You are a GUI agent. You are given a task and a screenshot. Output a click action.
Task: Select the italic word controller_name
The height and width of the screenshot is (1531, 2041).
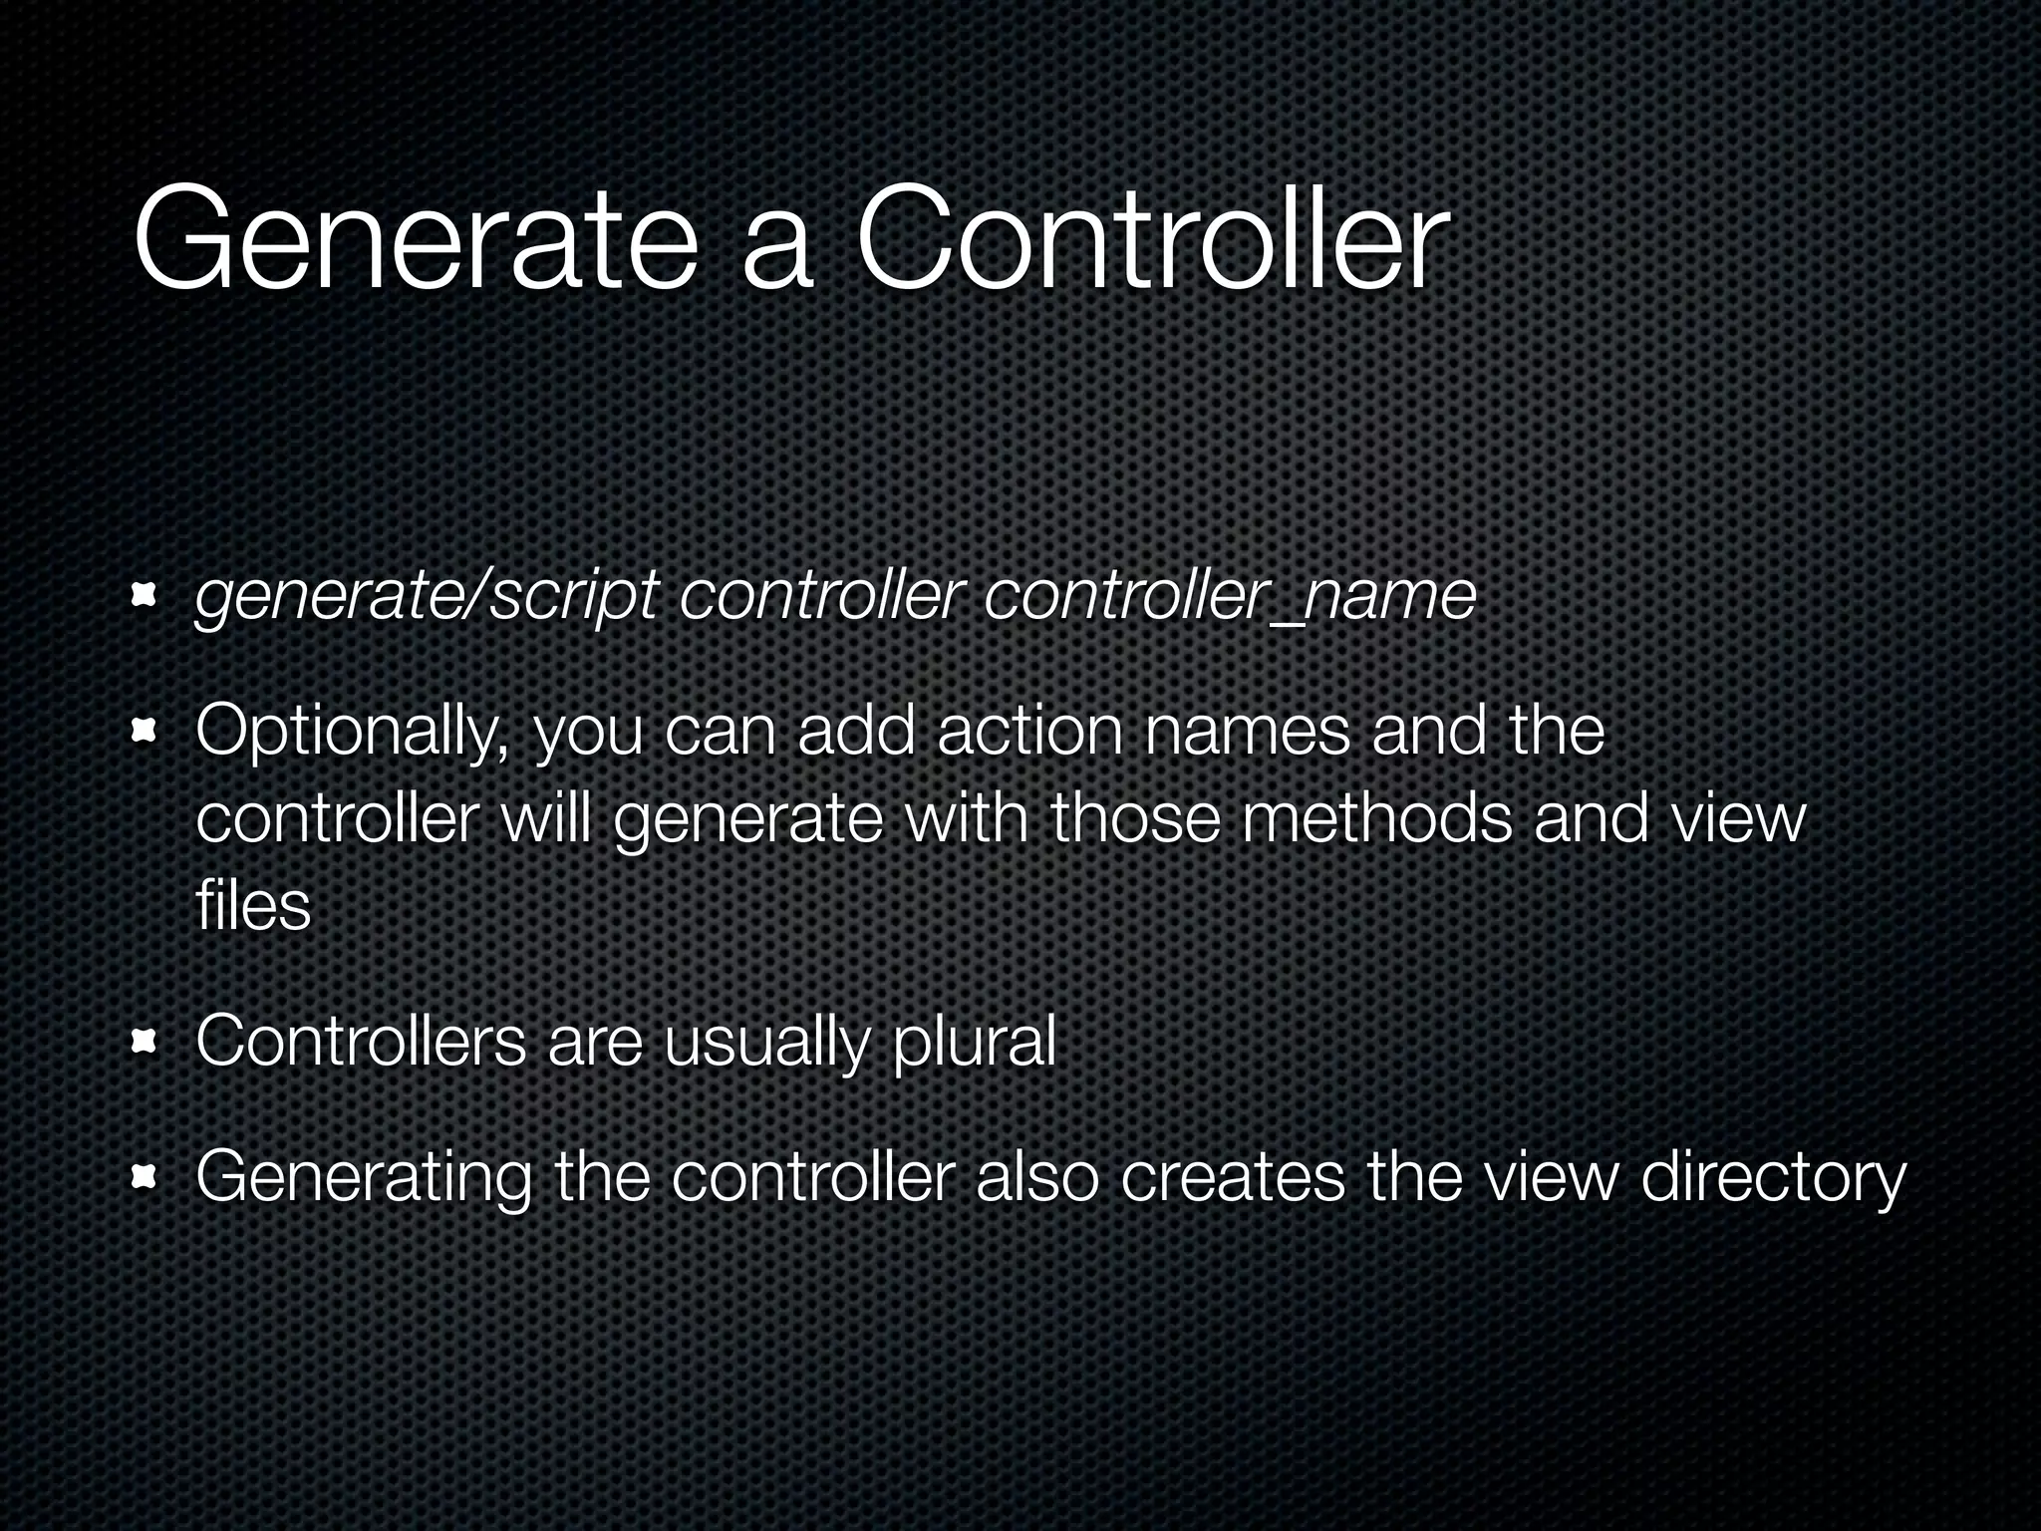[1229, 598]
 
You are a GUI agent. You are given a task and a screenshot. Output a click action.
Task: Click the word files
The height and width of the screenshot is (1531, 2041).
[253, 906]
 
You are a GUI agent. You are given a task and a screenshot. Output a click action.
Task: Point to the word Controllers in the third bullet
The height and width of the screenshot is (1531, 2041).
[361, 1042]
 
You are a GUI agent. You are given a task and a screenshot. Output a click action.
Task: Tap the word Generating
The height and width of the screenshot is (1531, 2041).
[364, 1179]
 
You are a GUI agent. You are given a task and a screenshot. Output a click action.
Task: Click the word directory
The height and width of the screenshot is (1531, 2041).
[1773, 1179]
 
